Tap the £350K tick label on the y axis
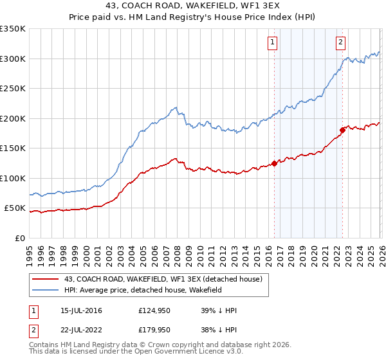pos(13,29)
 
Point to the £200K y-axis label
pos(13,118)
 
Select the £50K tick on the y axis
pos(15,208)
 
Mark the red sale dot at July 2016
pos(274,163)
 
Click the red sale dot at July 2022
pos(342,130)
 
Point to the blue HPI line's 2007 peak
pos(175,108)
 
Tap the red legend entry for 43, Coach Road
pos(163,279)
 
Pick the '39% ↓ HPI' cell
pos(219,311)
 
